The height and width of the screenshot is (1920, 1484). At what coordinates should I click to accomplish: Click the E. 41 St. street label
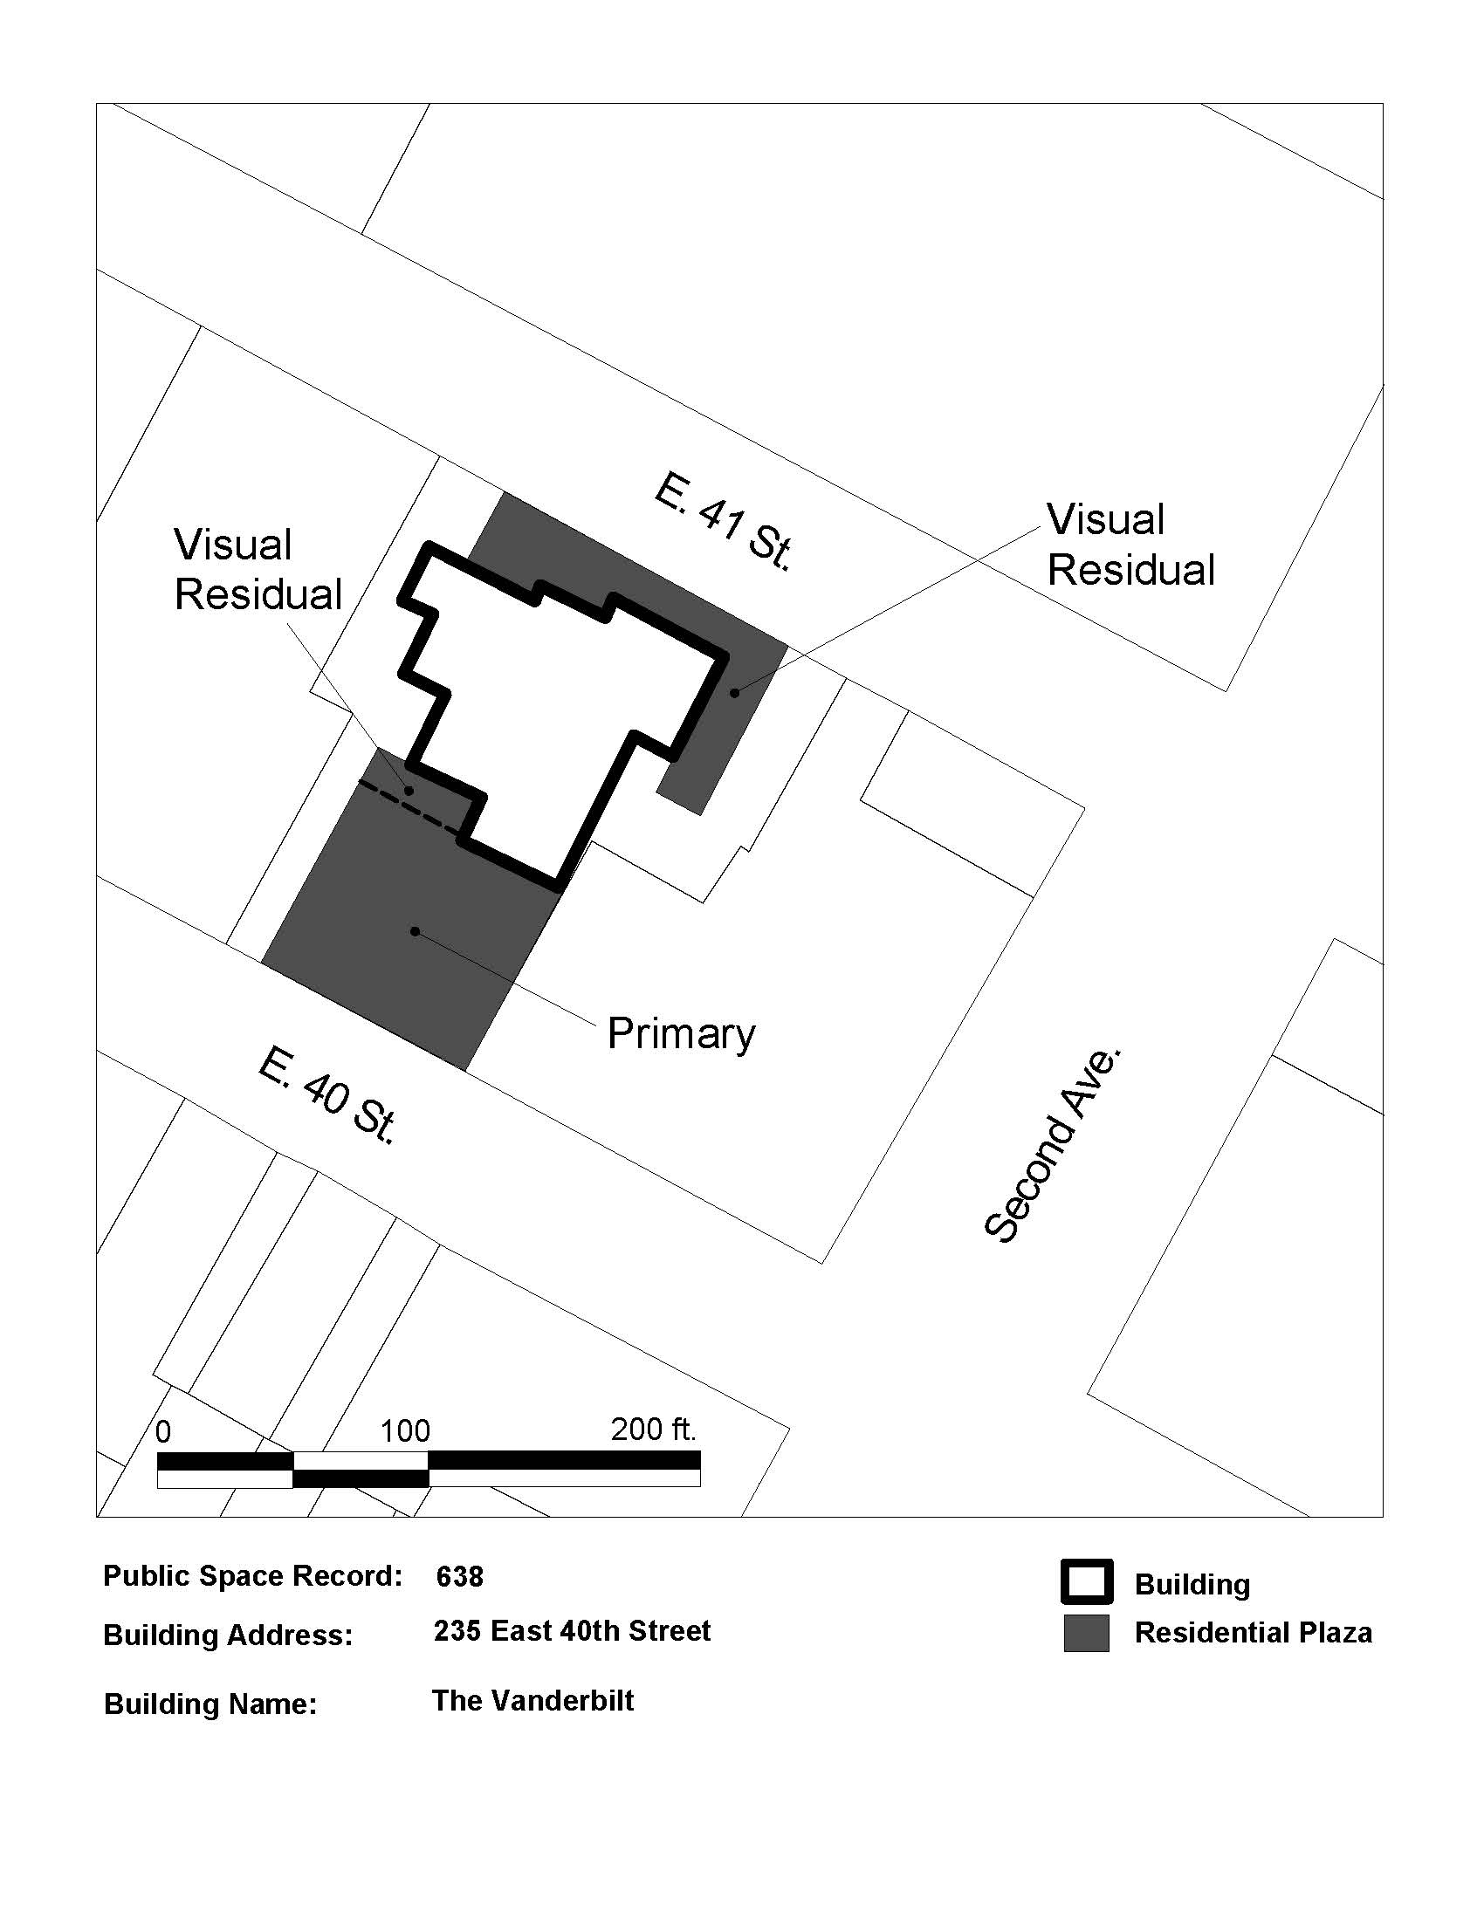pos(724,522)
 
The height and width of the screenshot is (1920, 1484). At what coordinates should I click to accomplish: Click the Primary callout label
pos(682,1034)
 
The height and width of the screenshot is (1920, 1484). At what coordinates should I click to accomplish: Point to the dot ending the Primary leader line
pos(415,931)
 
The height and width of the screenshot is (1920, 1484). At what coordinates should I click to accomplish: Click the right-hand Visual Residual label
pos(1131,545)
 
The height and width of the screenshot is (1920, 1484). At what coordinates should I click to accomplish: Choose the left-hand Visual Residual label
pos(258,570)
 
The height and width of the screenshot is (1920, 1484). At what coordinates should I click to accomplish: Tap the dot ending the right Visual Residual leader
pos(734,693)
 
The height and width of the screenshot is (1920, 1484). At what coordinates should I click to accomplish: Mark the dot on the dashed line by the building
pos(409,792)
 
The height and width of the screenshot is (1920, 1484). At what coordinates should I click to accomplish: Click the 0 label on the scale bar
pos(163,1432)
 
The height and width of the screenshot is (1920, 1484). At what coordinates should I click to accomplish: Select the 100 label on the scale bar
pos(405,1431)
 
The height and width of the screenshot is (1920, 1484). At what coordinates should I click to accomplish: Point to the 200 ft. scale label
pos(653,1430)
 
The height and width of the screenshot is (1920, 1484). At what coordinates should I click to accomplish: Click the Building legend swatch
pos(1087,1581)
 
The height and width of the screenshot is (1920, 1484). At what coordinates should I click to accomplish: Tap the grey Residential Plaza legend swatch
pos(1087,1633)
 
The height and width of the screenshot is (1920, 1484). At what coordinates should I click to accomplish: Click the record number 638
pos(460,1577)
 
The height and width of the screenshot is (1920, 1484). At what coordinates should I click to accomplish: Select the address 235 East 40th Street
pos(573,1632)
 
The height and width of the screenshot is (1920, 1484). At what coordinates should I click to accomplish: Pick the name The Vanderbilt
pos(532,1701)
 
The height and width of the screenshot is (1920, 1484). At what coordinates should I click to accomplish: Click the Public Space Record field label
pos(253,1576)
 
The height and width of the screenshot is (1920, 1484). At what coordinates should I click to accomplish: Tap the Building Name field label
pos(210,1704)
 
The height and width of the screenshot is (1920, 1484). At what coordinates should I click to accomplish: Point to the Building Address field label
pos(228,1635)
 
